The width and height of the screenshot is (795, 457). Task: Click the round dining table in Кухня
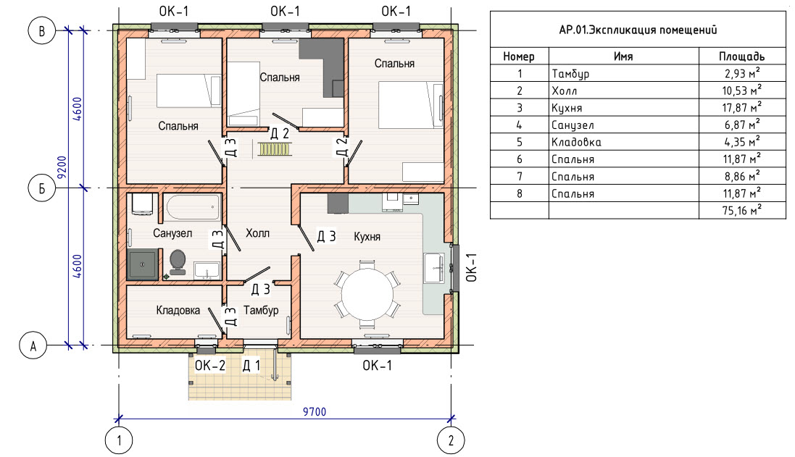coord(367,294)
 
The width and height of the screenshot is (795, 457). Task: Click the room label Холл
coord(257,233)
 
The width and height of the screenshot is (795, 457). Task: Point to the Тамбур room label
coord(261,310)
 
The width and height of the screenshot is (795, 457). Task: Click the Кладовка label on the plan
coord(178,310)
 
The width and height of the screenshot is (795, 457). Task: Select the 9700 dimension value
coord(315,412)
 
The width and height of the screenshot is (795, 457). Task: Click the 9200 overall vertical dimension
coord(62,167)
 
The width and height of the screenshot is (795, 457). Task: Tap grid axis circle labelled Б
coord(41,188)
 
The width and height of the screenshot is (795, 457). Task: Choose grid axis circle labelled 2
coord(451,440)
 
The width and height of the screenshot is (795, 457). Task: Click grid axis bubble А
coord(33,345)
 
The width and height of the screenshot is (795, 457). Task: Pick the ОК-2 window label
coord(210,365)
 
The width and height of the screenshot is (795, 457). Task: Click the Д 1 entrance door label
coord(251,365)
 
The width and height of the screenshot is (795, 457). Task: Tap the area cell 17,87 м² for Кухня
coord(742,107)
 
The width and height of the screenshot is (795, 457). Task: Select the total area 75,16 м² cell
coord(742,210)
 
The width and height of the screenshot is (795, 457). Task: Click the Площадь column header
coord(741,56)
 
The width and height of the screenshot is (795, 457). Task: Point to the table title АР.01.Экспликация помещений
coord(638,30)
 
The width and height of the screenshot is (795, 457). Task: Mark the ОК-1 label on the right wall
coord(472,267)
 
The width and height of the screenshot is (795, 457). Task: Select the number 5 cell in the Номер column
coord(519,142)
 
